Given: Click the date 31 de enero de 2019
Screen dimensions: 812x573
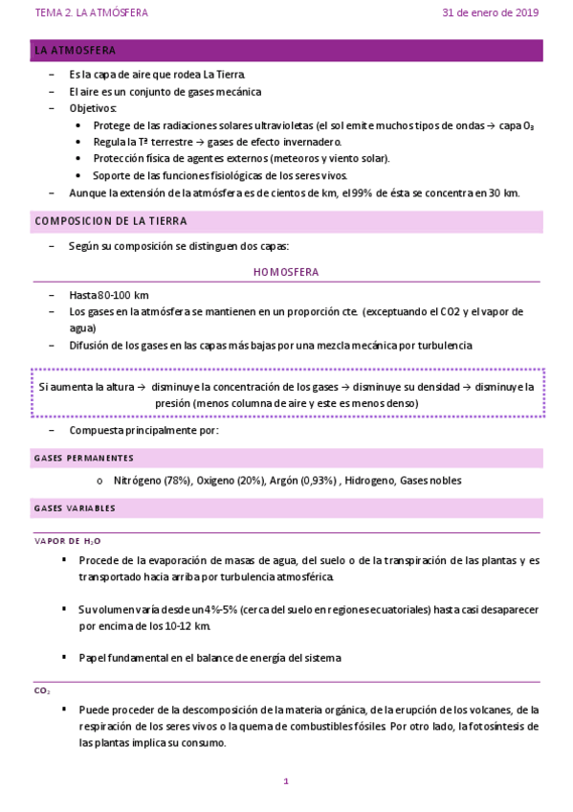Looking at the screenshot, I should [490, 13].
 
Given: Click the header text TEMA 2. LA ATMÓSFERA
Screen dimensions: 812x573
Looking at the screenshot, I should [91, 13].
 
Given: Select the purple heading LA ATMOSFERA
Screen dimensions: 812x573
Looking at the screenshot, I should [76, 50].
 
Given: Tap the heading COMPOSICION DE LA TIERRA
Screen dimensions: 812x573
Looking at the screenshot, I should [111, 221].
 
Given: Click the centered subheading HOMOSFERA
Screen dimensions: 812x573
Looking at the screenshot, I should [286, 272].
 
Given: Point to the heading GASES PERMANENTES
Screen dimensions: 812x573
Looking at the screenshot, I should [83, 459].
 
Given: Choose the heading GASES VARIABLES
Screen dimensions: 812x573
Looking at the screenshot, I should [75, 507].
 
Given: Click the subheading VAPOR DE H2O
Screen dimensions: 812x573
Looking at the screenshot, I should [67, 541].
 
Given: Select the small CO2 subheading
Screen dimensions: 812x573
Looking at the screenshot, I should [42, 690].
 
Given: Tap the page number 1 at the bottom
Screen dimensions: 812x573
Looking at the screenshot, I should [286, 781].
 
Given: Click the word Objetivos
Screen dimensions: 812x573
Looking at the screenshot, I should [92, 108].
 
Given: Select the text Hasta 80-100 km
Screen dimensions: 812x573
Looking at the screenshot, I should [108, 295].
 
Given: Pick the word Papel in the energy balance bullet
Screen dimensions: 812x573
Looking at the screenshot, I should [95, 657].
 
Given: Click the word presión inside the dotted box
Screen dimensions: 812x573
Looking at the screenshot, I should [173, 403].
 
